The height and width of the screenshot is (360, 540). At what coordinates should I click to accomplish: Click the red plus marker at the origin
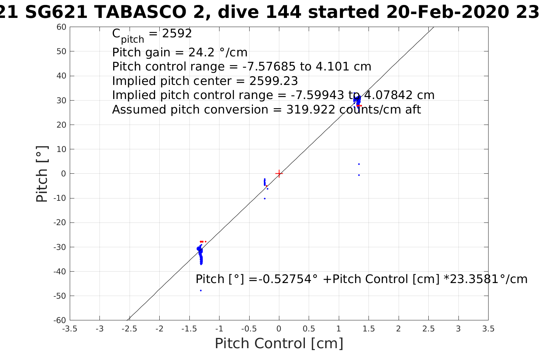tap(279, 174)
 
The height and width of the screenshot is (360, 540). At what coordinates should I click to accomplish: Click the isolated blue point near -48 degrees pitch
tap(201, 291)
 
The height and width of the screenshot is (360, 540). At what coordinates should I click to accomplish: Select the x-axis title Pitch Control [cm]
tap(279, 344)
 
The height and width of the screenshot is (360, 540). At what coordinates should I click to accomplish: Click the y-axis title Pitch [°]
tap(42, 174)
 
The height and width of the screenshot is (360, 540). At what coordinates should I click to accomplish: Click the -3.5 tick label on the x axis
tap(69, 329)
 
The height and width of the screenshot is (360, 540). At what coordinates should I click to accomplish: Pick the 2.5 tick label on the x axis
tap(428, 329)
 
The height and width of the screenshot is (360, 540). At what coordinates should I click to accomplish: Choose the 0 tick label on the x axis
tap(279, 329)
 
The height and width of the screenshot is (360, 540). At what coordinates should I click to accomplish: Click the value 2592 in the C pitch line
tap(177, 34)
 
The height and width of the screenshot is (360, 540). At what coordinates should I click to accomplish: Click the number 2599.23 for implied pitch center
tap(273, 81)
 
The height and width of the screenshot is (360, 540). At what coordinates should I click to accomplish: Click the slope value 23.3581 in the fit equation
tap(472, 279)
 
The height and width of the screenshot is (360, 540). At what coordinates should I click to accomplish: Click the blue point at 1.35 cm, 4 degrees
tap(359, 164)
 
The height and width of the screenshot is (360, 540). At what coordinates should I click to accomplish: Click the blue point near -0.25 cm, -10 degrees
tap(264, 198)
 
